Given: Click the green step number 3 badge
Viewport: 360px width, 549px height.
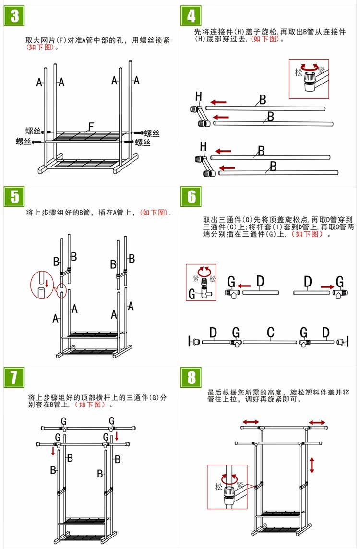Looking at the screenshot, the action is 14,16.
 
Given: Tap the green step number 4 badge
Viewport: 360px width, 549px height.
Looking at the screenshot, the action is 192,16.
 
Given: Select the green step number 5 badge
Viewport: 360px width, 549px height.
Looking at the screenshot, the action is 14,197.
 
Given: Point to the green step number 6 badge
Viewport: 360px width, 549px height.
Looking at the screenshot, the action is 192,197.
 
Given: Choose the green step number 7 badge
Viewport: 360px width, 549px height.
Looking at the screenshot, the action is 14,377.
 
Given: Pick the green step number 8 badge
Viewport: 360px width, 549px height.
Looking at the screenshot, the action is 192,377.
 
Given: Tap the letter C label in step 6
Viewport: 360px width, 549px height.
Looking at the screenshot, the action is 271,332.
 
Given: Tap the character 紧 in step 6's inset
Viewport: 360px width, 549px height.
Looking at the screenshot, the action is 196,279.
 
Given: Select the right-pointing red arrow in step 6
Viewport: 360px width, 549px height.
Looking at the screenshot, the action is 328,286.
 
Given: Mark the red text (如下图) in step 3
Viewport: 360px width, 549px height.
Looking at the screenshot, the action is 42,48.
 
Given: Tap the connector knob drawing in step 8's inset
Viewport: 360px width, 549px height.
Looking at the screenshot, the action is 230,491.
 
